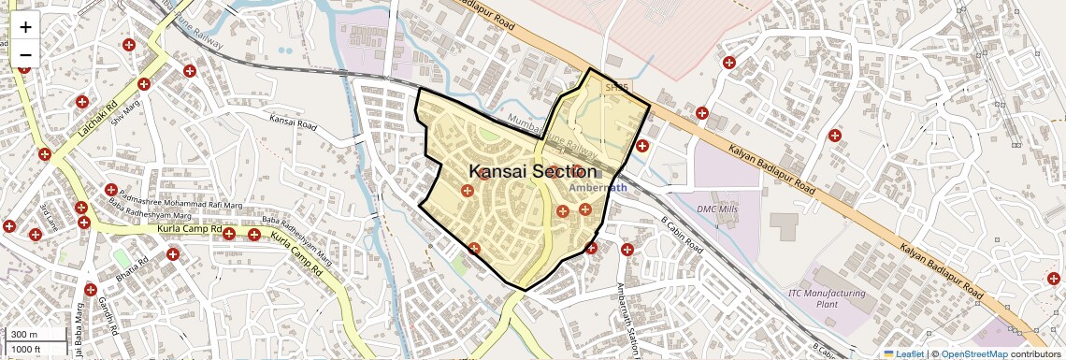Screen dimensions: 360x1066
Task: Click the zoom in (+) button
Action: tap(25, 27)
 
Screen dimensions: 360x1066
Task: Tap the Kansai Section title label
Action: tap(532, 171)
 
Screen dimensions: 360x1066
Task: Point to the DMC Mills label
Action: tap(718, 209)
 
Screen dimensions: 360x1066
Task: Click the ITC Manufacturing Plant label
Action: tap(828, 298)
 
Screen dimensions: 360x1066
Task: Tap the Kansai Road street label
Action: tap(295, 120)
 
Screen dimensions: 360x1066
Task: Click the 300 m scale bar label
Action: tap(25, 335)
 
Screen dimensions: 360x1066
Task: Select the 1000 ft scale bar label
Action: tap(27, 349)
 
